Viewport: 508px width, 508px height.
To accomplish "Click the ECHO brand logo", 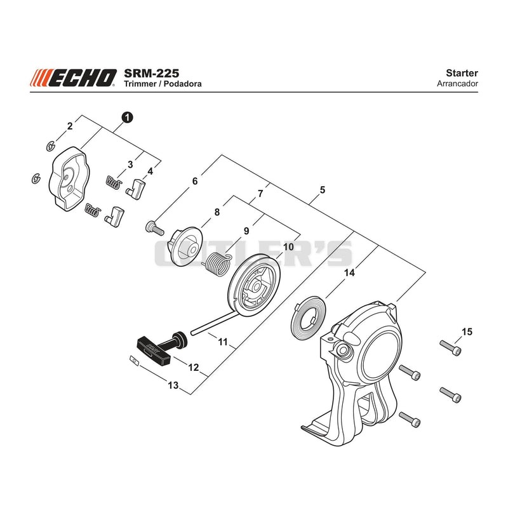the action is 74,78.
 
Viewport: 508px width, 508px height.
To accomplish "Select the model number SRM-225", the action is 151,73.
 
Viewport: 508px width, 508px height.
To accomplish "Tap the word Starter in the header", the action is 462,73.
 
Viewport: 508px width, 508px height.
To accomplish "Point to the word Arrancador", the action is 457,84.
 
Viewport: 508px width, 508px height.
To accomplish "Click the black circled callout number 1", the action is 128,117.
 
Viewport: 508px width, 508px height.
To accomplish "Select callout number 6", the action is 195,181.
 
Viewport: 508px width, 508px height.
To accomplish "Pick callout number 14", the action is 349,273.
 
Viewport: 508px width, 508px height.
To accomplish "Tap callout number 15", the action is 467,331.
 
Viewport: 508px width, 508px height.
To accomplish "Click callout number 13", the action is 173,385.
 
